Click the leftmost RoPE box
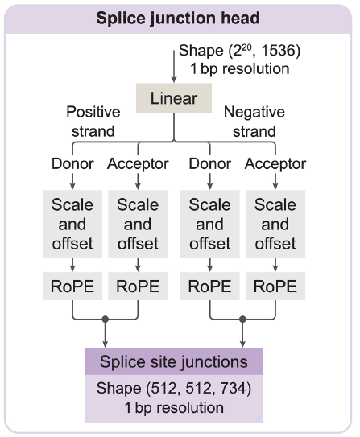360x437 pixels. (73, 285)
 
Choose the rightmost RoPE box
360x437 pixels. (275, 285)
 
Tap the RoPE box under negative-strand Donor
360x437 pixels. (210, 285)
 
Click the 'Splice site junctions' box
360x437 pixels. (174, 362)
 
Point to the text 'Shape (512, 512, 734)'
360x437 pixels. (174, 390)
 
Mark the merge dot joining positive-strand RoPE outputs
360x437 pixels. (106, 320)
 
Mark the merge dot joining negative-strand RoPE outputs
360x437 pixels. (242, 320)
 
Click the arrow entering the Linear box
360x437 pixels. (174, 68)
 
